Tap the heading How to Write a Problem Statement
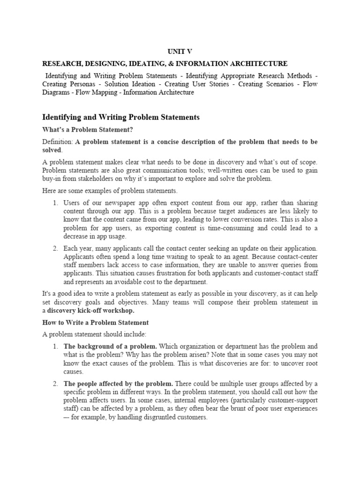(x=96, y=322)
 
